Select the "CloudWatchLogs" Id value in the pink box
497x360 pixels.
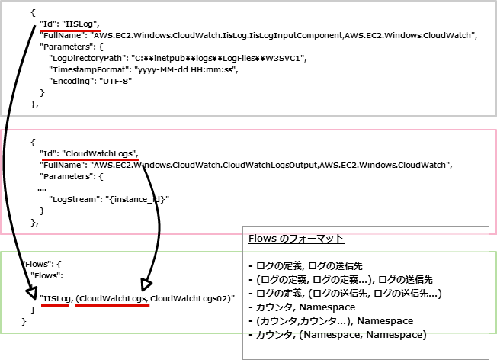point(101,153)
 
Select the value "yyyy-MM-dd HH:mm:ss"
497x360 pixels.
point(181,70)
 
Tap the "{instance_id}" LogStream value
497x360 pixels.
point(139,198)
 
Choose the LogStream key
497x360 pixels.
point(72,198)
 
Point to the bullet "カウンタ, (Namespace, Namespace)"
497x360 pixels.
point(339,334)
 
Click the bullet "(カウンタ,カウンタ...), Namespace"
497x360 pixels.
point(330,320)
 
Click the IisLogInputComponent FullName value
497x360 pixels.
point(284,36)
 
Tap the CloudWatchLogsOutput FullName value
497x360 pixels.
point(271,165)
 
